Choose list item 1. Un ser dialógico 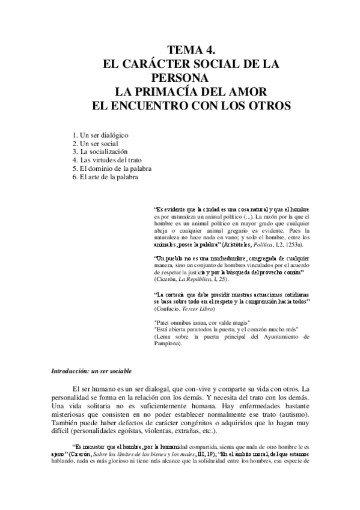click(x=100, y=135)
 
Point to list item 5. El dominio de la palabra click(x=111, y=169)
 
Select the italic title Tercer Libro click(x=203, y=308)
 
